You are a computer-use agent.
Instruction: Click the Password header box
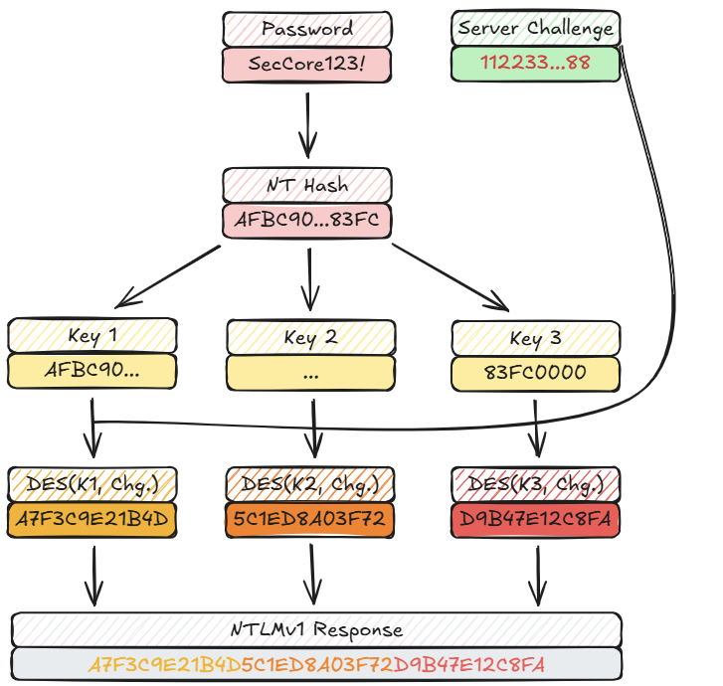tap(307, 28)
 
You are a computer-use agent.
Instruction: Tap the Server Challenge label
tap(535, 28)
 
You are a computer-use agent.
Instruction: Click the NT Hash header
tap(307, 186)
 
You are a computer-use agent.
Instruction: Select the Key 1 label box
tap(91, 336)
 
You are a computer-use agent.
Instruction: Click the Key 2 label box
tap(311, 337)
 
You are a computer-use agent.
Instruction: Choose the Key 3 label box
tap(535, 338)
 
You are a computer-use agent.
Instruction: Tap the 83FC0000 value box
tap(535, 374)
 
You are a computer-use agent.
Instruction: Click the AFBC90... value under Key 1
tap(91, 371)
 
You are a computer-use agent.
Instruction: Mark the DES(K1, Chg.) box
tap(91, 485)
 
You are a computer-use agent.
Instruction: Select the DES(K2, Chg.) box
tap(311, 485)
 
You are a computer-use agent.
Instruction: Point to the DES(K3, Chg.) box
tap(535, 485)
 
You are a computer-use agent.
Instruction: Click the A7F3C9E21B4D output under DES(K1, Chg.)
tap(91, 520)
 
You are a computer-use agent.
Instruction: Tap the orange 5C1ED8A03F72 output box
tap(311, 520)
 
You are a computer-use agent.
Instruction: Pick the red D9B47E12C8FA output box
tap(535, 520)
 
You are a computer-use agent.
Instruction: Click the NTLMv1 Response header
tap(316, 629)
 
